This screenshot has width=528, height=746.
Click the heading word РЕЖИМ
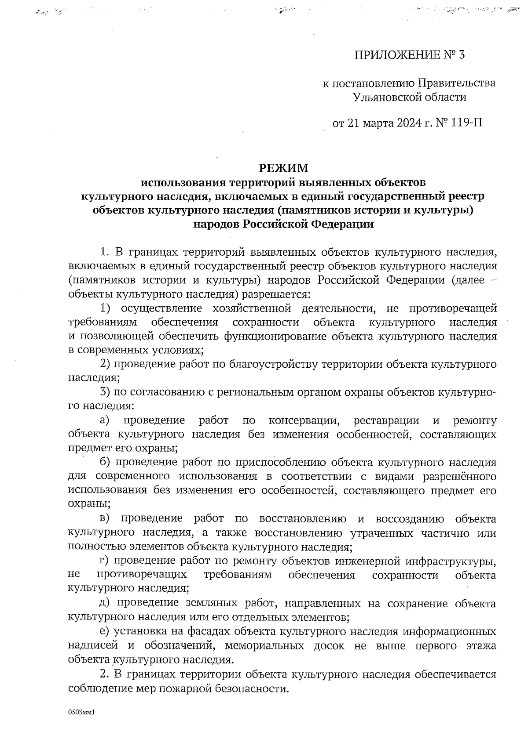click(283, 168)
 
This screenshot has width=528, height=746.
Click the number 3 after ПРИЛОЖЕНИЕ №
click(462, 55)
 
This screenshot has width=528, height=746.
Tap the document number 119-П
click(467, 123)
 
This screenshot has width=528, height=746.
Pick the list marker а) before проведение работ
click(106, 420)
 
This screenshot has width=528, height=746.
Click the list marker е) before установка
click(105, 632)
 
